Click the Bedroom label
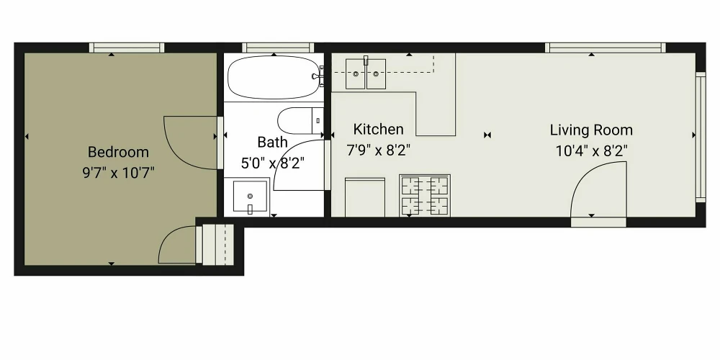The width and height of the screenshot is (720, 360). coord(118,152)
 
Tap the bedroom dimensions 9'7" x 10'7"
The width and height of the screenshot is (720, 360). coord(119,173)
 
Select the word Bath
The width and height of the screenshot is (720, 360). coord(272,143)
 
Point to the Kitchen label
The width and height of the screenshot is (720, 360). coord(379,130)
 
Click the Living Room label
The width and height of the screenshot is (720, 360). coord(591,130)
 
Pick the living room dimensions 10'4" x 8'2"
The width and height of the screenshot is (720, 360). coord(591,150)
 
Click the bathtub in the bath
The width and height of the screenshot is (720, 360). coord(274,77)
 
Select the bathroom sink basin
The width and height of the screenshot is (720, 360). coord(251,197)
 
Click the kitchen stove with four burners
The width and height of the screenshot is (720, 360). coord(425,195)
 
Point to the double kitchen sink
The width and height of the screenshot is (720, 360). coord(366,73)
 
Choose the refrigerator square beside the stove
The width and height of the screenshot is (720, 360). coord(365,197)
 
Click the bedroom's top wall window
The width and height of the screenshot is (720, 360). coord(126,48)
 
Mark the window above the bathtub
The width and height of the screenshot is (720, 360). coord(278,48)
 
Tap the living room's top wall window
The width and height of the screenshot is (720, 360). coord(606,48)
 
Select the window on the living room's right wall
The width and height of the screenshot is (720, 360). coord(701,137)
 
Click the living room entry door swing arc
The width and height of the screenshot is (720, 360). coord(586,173)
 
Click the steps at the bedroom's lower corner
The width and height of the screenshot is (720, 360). coord(215,245)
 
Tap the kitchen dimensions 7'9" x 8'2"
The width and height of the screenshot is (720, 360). coord(379,150)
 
